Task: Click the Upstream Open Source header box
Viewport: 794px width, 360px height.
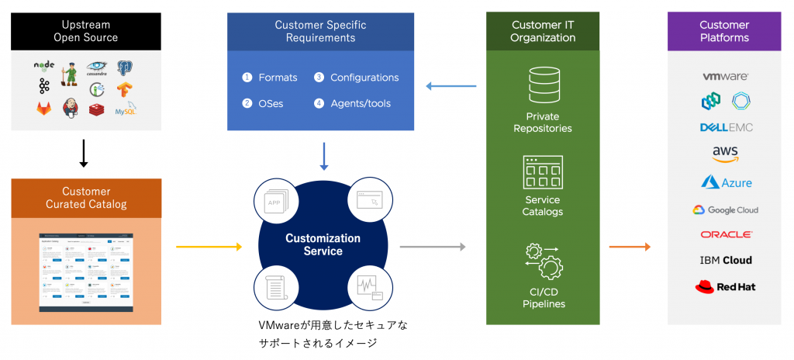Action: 85,31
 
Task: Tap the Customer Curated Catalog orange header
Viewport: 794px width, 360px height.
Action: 85,198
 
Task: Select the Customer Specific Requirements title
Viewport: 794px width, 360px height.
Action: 320,31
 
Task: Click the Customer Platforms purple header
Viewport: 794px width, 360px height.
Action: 724,31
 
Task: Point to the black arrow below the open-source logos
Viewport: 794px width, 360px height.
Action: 85,152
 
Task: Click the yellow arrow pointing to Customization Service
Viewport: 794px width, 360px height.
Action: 209,247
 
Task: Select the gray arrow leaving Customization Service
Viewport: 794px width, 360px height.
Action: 432,247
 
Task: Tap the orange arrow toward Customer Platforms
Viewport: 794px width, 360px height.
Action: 629,247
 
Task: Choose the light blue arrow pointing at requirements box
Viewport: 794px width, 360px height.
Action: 452,86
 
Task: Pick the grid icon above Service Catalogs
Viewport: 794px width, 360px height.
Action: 543,172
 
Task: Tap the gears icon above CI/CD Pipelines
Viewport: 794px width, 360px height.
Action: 543,261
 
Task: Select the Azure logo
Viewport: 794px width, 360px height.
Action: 726,182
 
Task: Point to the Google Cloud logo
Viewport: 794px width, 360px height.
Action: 725,209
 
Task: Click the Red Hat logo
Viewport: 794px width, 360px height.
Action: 725,287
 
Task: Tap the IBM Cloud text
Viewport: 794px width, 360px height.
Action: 725,260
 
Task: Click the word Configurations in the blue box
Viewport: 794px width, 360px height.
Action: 364,78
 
